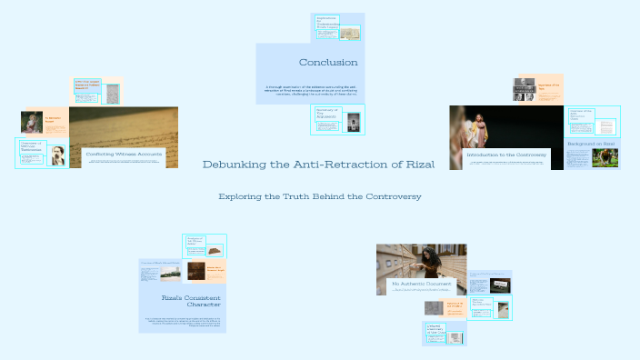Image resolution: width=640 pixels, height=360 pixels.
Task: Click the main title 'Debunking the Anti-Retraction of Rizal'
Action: [318, 165]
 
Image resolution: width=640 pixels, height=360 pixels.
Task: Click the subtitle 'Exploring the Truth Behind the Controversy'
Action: [320, 195]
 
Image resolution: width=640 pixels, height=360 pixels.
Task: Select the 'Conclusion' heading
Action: [327, 62]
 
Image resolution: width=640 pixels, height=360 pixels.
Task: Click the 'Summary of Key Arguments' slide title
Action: [327, 112]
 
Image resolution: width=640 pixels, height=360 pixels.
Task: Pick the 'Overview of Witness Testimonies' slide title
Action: [32, 145]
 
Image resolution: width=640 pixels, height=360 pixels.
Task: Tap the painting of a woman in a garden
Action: [32, 122]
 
